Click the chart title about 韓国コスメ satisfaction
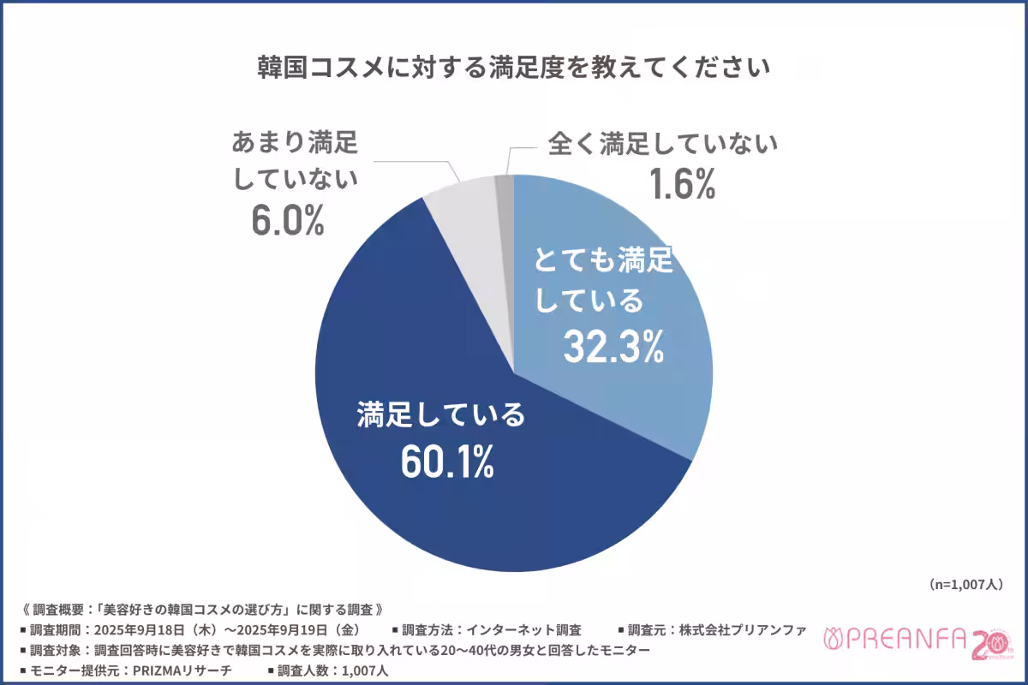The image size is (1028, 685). tap(514, 68)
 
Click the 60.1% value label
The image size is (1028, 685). tap(446, 462)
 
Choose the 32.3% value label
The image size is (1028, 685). tap(613, 346)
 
